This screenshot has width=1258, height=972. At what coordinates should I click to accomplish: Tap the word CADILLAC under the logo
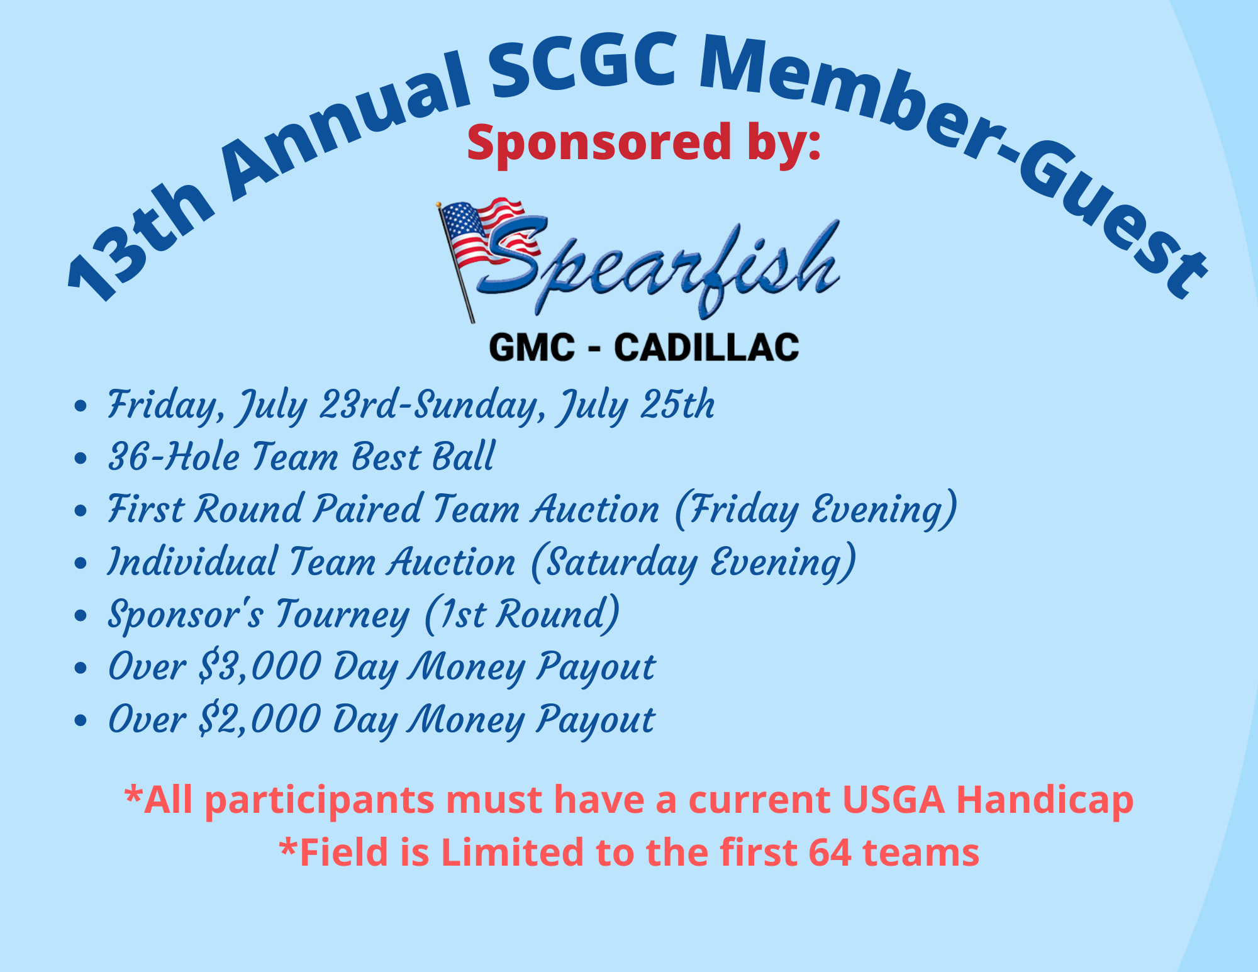click(x=706, y=347)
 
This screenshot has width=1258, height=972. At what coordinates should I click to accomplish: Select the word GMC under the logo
click(x=532, y=347)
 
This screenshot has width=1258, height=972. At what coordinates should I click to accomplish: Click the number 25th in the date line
click(x=677, y=404)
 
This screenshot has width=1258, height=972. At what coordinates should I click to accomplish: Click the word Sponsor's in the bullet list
click(x=185, y=614)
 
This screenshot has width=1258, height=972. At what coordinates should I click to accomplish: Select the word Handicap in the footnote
click(x=1045, y=801)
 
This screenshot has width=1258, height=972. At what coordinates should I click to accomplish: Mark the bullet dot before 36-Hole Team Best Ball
click(x=80, y=459)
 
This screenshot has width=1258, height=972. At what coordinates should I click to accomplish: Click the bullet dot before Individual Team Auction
click(x=80, y=564)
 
